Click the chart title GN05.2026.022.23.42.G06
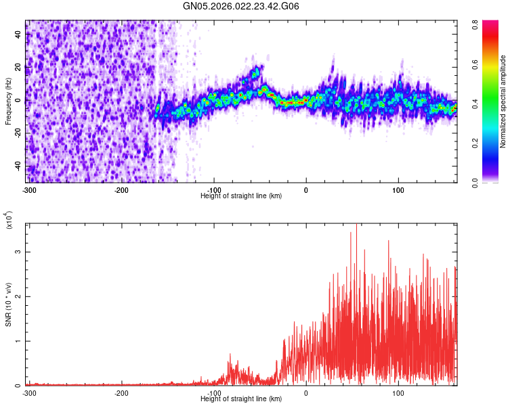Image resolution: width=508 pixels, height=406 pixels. pos(241,6)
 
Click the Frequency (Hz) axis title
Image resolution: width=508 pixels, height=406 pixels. pos(8,101)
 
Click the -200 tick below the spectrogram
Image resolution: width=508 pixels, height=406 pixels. pos(122,189)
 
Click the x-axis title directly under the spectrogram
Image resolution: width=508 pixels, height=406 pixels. pos(241,196)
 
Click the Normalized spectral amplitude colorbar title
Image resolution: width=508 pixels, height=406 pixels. pos(503,101)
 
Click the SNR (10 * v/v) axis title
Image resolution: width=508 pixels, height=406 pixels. pos(9,304)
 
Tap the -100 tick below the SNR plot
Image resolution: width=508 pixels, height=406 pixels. pos(214,392)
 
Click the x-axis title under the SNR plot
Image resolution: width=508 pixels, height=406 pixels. pos(241,399)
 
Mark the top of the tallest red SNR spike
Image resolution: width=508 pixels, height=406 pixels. pos(356,225)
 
